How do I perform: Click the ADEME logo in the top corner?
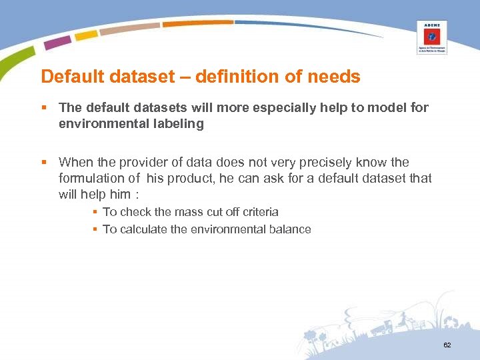click(431, 37)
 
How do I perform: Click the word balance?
click(289, 229)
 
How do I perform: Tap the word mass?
click(188, 212)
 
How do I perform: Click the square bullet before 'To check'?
click(95, 212)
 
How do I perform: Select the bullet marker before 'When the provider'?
click(44, 162)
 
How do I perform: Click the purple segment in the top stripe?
click(57, 42)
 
